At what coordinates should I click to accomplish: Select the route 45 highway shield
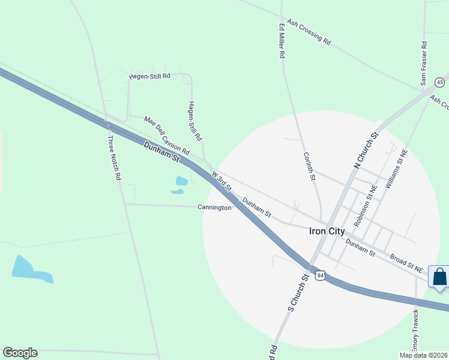pyautogui.click(x=440, y=82)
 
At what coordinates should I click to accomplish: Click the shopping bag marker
pyautogui.click(x=439, y=277)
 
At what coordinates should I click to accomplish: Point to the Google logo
pyautogui.click(x=20, y=353)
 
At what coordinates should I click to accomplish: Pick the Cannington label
pyautogui.click(x=214, y=208)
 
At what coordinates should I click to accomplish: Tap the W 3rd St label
pyautogui.click(x=221, y=180)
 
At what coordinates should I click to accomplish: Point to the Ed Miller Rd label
pyautogui.click(x=281, y=41)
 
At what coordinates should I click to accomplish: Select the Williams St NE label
pyautogui.click(x=396, y=170)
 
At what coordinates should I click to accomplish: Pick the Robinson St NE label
pyautogui.click(x=366, y=205)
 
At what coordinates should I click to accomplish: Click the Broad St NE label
pyautogui.click(x=406, y=263)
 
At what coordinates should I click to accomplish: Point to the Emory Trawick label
pyautogui.click(x=415, y=331)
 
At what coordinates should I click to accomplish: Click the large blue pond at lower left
pyautogui.click(x=29, y=269)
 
